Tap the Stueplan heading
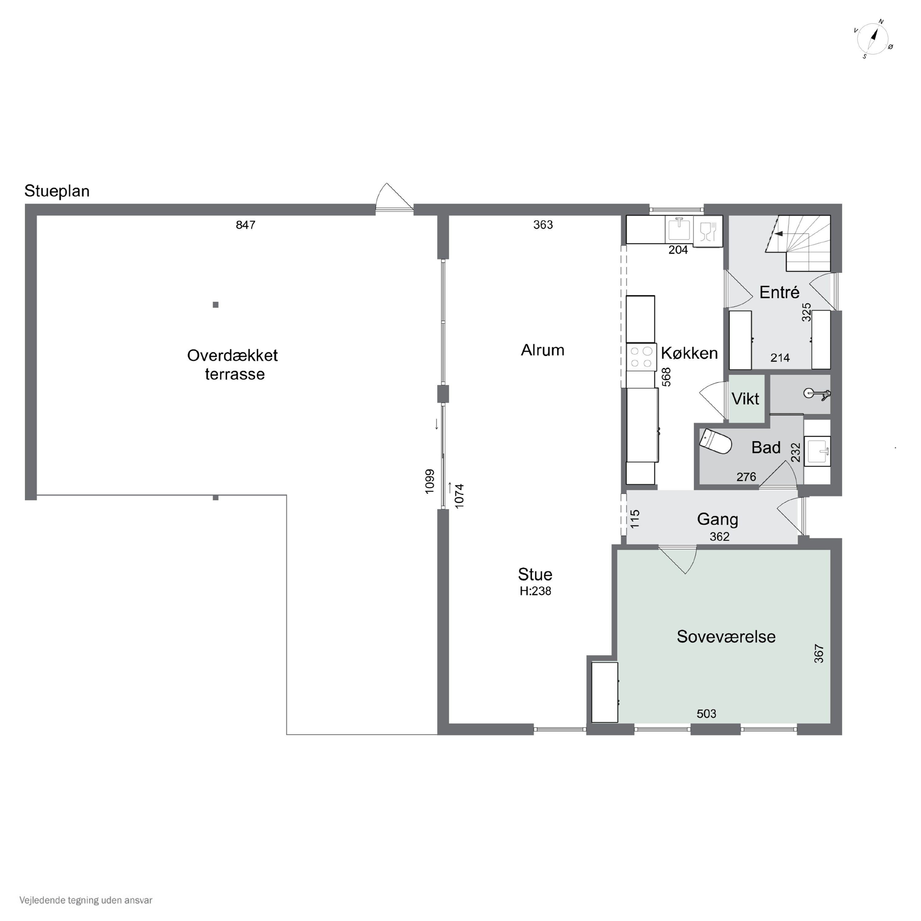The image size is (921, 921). (57, 191)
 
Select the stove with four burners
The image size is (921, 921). (641, 357)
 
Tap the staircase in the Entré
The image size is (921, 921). (798, 243)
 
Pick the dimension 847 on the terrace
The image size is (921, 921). (246, 225)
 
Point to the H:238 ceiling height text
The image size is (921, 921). (535, 591)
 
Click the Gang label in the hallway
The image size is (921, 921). (717, 520)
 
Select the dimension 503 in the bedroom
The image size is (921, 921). (706, 714)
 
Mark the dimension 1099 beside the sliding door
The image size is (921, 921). (430, 481)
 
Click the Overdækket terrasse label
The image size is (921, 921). (233, 365)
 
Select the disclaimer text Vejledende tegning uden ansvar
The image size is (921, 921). (86, 900)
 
